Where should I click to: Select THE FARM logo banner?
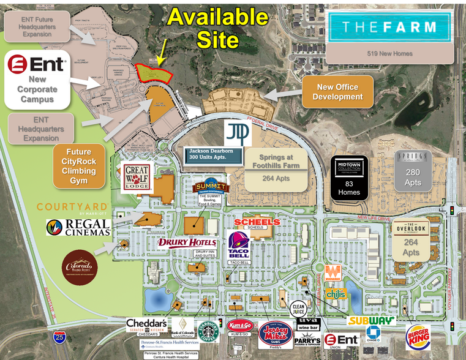[389, 28]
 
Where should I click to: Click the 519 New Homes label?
[389, 54]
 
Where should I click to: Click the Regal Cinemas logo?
[79, 227]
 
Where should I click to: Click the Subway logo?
[371, 320]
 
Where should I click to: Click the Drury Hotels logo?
[187, 242]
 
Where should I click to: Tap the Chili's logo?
[336, 294]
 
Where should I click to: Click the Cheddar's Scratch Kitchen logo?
[147, 325]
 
